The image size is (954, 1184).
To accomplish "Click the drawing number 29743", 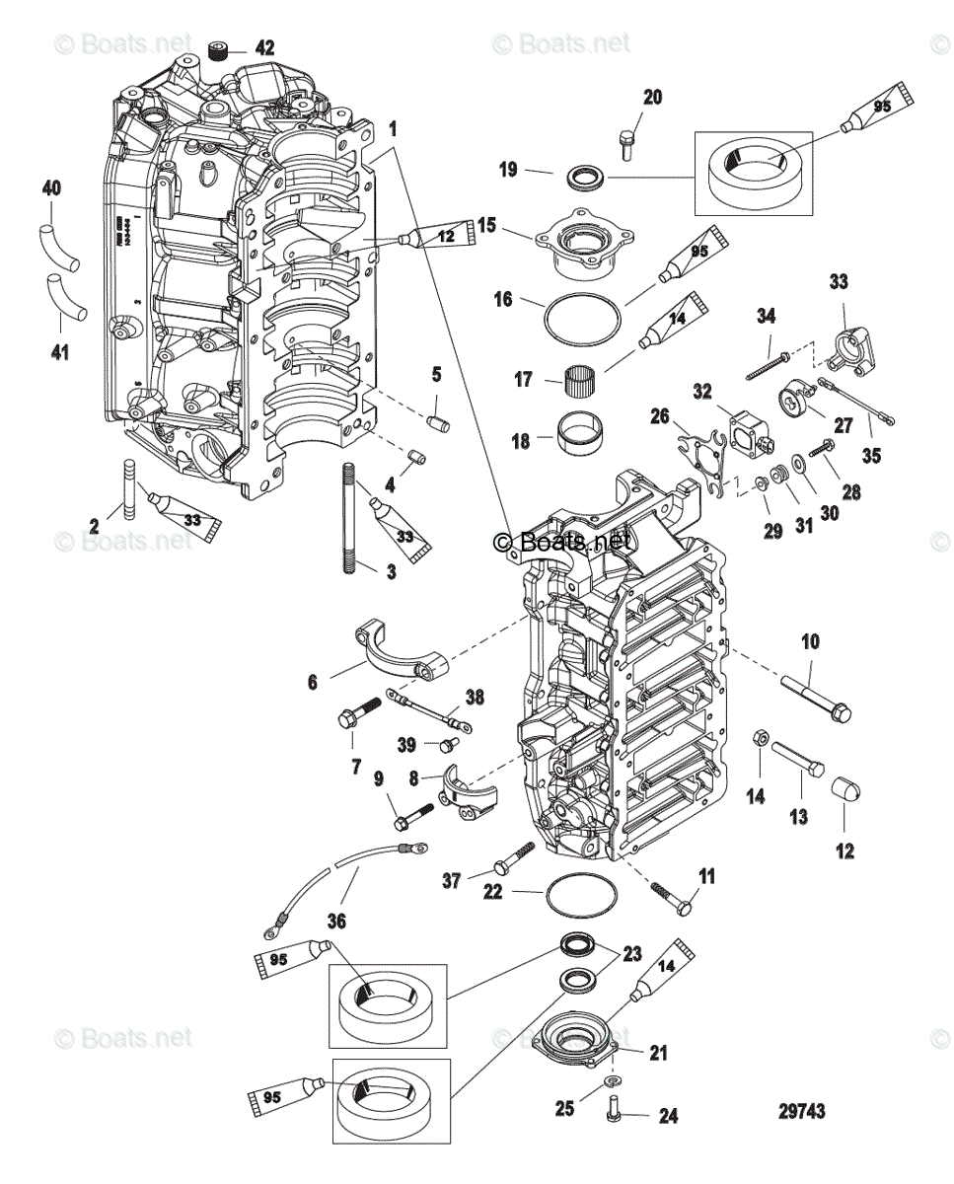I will pos(802,1111).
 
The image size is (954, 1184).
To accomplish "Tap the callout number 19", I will pos(508,170).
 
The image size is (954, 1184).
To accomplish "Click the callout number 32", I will pos(701,392).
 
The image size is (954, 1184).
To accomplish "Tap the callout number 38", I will pos(476,697).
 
